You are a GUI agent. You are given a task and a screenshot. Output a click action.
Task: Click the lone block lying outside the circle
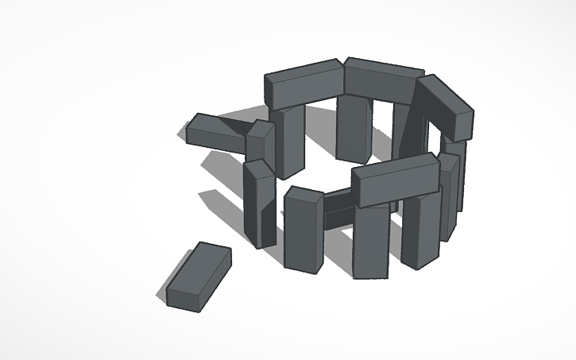[x=199, y=277]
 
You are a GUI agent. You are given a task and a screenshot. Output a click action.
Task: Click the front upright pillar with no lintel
[x=302, y=234]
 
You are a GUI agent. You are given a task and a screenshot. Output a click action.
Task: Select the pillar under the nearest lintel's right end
[x=421, y=230]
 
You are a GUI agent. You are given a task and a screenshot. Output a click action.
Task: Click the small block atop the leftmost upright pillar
[x=259, y=141]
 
